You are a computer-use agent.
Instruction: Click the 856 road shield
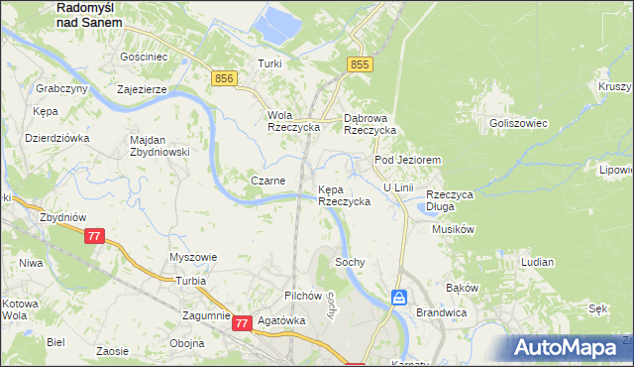point(223,78)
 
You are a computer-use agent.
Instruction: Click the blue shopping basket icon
point(398,297)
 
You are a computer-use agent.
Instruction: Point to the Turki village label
point(269,63)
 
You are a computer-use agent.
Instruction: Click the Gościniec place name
point(142,58)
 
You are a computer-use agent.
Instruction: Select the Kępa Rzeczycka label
point(344,194)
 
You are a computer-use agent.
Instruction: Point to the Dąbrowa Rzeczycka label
point(370,123)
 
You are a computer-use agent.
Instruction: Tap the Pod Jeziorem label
point(406,160)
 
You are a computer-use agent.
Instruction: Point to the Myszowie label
point(193,257)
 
